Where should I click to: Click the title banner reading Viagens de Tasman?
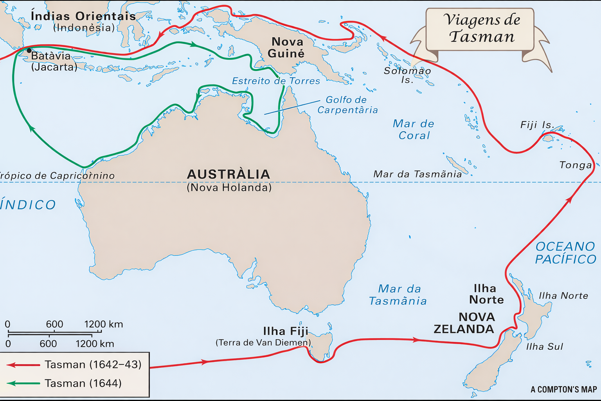click(481, 29)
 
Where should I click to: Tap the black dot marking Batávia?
click(29, 51)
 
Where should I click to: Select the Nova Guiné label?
click(287, 47)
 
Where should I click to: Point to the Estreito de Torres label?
click(276, 81)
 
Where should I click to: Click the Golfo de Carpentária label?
click(347, 105)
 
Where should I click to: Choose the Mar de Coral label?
click(414, 130)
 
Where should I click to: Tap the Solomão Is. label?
click(407, 75)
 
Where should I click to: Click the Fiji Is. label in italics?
click(537, 125)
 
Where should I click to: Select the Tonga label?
click(575, 165)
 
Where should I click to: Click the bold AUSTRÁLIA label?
click(229, 174)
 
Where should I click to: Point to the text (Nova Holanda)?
click(229, 188)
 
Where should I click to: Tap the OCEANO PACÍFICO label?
click(565, 253)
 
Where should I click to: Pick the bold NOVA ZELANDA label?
click(464, 323)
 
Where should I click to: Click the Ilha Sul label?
click(544, 347)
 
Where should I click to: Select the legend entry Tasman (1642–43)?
click(92, 365)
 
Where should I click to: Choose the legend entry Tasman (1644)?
click(83, 383)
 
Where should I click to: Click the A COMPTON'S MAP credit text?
click(563, 390)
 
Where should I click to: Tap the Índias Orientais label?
click(83, 16)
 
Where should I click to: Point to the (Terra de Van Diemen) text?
click(263, 343)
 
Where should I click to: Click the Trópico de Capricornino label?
click(57, 176)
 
